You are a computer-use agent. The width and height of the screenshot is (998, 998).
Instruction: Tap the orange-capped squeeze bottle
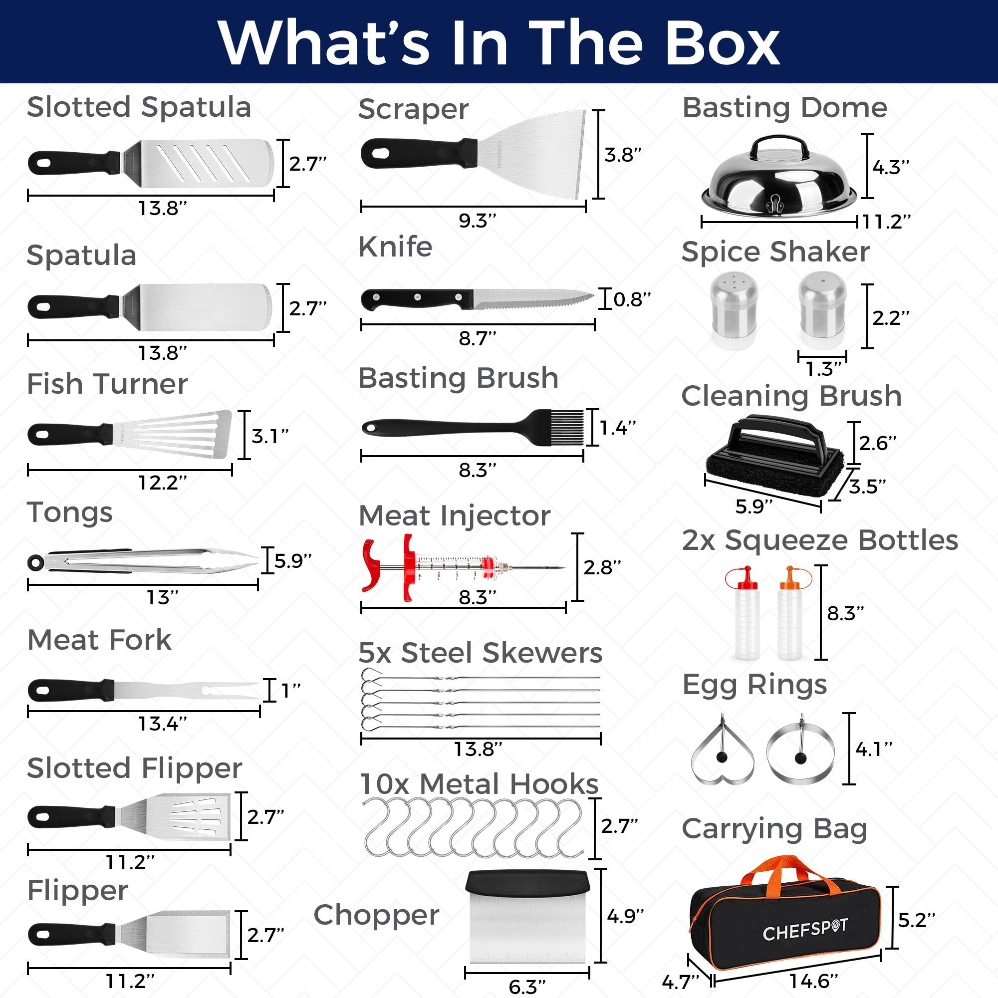(x=789, y=615)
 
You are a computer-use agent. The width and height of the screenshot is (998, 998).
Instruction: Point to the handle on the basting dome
(x=779, y=147)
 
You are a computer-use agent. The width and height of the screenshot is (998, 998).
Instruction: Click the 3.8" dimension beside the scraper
(x=623, y=155)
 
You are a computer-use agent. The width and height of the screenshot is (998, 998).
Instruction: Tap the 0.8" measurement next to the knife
(x=632, y=298)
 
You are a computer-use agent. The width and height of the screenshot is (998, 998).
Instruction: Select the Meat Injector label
(x=455, y=515)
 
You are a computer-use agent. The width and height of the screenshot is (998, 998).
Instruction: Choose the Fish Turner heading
(x=107, y=384)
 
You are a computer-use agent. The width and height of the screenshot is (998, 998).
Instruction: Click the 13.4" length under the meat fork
(x=162, y=724)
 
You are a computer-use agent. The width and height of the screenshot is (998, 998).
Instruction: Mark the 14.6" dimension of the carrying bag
(x=813, y=981)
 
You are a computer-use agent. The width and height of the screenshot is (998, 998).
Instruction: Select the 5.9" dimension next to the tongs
(x=292, y=560)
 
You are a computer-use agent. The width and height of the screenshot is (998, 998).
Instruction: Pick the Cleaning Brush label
(x=791, y=396)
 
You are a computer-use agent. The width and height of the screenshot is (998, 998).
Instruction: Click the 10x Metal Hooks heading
(x=479, y=783)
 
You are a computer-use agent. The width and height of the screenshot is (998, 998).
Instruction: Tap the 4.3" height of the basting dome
(x=891, y=167)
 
